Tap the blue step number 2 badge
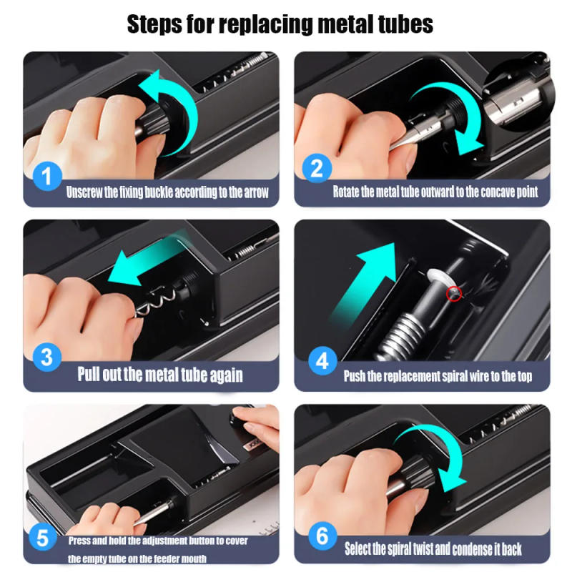(x=317, y=169)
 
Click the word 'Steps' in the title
(x=159, y=24)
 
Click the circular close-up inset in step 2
(x=520, y=97)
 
